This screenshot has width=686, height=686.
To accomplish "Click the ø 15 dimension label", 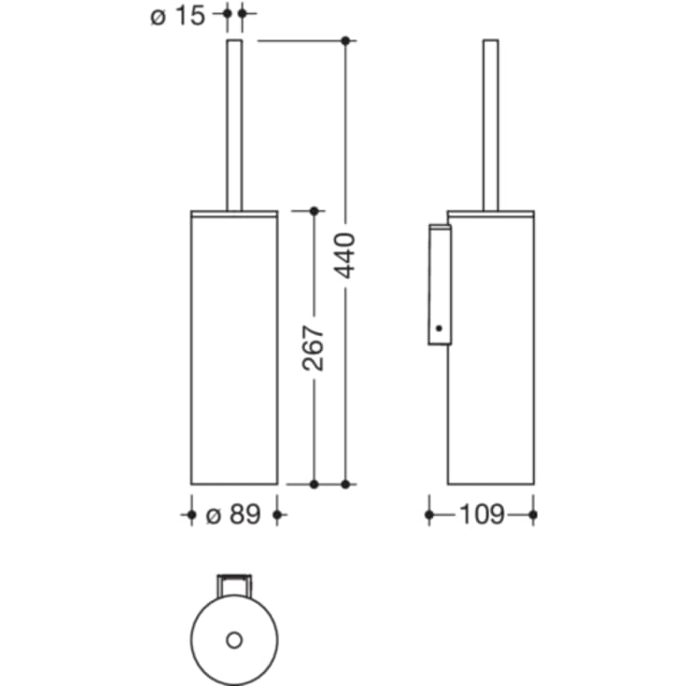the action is tap(177, 17).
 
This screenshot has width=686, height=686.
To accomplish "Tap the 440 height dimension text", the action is tap(344, 256).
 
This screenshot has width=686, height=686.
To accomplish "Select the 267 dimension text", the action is tap(314, 348).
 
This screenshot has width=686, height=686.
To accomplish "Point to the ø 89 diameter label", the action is tap(233, 514).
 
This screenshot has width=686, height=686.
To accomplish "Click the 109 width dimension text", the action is tap(482, 514).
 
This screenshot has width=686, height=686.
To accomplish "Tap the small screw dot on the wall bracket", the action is tap(440, 328).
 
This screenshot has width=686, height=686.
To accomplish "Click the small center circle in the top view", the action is tap(234, 640).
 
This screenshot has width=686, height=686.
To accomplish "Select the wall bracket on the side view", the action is tap(440, 285).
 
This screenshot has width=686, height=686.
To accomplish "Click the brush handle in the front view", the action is tap(234, 125).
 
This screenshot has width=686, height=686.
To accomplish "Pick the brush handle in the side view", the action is tap(490, 125).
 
